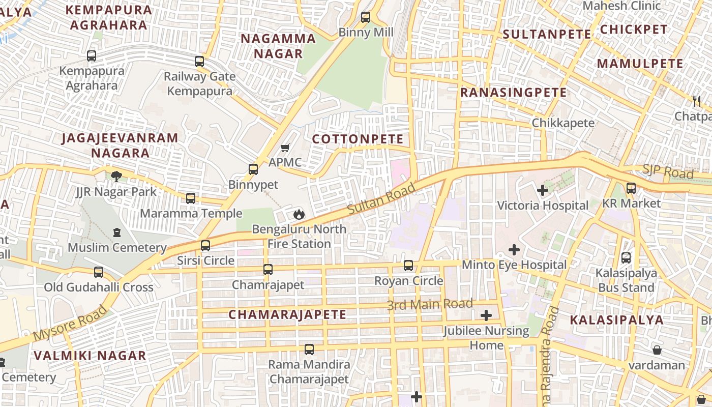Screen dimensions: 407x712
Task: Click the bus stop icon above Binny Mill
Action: [x=365, y=17]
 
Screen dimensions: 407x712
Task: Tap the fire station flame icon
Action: [x=299, y=214]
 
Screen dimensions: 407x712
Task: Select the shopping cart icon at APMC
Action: [x=285, y=148]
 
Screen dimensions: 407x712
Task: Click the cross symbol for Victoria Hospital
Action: [x=543, y=190]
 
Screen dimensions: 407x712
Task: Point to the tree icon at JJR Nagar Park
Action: [x=116, y=177]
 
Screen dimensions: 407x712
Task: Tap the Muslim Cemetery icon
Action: [x=117, y=232]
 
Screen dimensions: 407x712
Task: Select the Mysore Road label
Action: [x=70, y=323]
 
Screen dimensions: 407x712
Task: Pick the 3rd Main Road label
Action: [x=430, y=304]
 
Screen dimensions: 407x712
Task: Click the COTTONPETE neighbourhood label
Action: [x=358, y=139]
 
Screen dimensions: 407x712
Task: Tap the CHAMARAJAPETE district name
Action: [x=287, y=314]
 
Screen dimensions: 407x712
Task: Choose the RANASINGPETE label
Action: [x=513, y=93]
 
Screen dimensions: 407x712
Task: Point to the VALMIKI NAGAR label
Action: [x=90, y=355]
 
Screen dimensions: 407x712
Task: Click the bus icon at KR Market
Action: [x=631, y=188]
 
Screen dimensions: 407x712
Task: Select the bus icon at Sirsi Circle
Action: [x=205, y=246]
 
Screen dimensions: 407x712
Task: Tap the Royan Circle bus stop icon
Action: [x=408, y=265]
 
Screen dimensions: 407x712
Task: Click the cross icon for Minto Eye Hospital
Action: [x=514, y=250]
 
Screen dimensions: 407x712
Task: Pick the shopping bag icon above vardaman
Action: [x=657, y=350]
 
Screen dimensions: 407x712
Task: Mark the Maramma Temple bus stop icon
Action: [x=191, y=198]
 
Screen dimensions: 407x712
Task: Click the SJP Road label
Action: [x=668, y=171]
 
